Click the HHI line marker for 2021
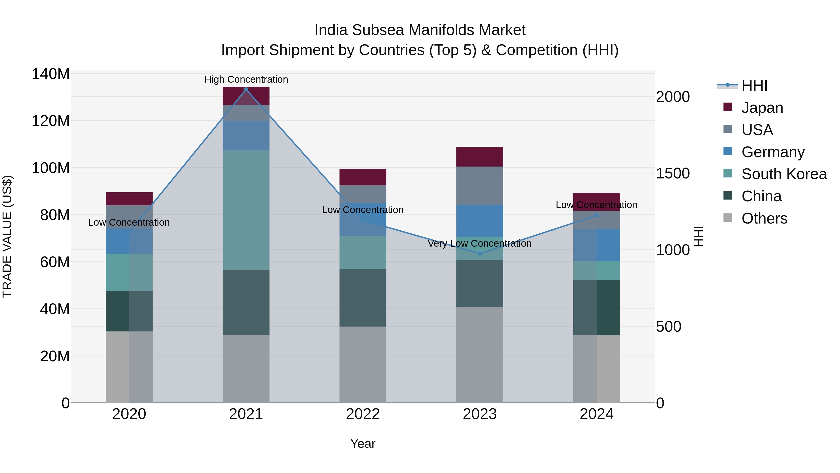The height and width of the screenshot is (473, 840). pyautogui.click(x=246, y=89)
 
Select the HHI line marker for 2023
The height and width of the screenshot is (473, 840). pyautogui.click(x=479, y=254)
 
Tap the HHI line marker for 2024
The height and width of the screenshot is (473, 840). pyautogui.click(x=596, y=215)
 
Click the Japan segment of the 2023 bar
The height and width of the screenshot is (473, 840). pyautogui.click(x=479, y=157)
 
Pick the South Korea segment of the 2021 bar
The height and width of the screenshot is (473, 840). pyautogui.click(x=246, y=210)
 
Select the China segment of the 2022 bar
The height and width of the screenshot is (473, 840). pyautogui.click(x=363, y=298)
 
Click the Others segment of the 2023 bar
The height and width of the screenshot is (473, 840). pyautogui.click(x=479, y=355)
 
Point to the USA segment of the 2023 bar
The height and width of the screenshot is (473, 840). pyautogui.click(x=479, y=186)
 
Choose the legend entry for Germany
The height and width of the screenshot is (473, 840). pyautogui.click(x=773, y=152)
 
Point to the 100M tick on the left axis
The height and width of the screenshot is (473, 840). pyautogui.click(x=51, y=168)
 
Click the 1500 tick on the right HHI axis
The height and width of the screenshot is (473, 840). pyautogui.click(x=672, y=173)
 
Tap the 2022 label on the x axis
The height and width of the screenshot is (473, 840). pyautogui.click(x=363, y=414)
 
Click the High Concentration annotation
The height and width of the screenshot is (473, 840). pyautogui.click(x=246, y=79)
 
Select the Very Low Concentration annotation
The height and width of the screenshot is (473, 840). pyautogui.click(x=479, y=244)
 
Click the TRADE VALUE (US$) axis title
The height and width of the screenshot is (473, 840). pyautogui.click(x=7, y=236)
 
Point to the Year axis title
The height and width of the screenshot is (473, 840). pyautogui.click(x=363, y=444)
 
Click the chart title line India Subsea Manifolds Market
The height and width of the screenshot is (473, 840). pyautogui.click(x=420, y=30)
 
